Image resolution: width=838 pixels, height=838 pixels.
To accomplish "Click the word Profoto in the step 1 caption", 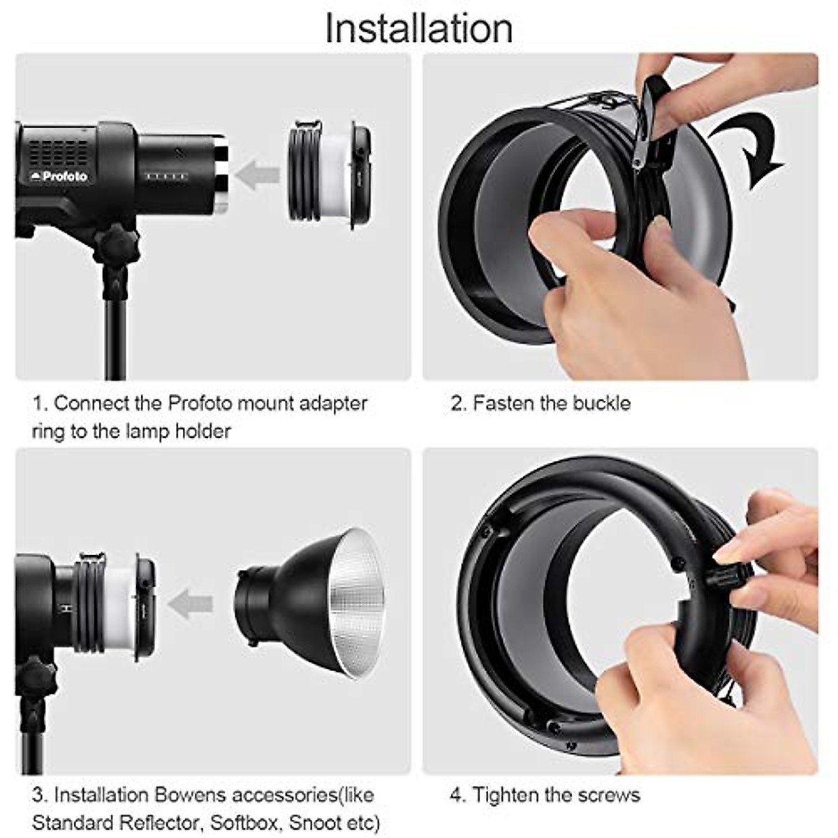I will [x=200, y=404].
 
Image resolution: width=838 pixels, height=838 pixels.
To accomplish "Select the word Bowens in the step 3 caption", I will [x=191, y=795].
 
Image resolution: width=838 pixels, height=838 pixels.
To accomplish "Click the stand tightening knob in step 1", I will [x=116, y=245].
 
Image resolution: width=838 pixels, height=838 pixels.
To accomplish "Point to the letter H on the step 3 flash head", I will [x=66, y=609].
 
